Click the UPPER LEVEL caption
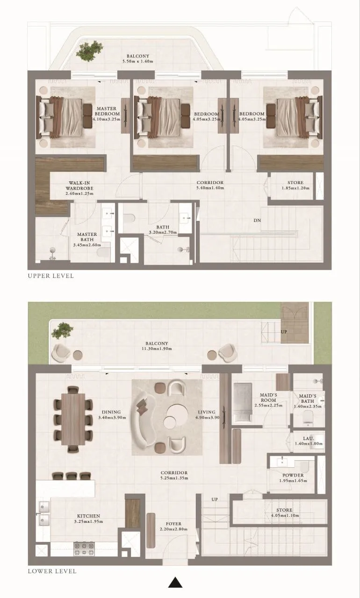pos(50,276)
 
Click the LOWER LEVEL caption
pos(52,571)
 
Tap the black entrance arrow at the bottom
pos(175,582)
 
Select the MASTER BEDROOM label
pos(107,111)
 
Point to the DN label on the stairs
pos(257,220)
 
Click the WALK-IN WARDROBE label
pos(79,185)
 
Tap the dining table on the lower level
pos(73,419)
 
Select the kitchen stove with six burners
pos(84,548)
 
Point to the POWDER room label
pos(293,476)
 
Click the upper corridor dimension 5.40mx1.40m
pos(210,188)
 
